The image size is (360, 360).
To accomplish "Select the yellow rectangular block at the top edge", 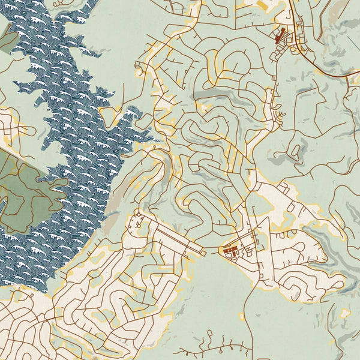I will click(264, 5).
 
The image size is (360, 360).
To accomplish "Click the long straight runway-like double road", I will click(174, 237).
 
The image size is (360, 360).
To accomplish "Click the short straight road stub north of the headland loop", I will click(123, 93).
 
